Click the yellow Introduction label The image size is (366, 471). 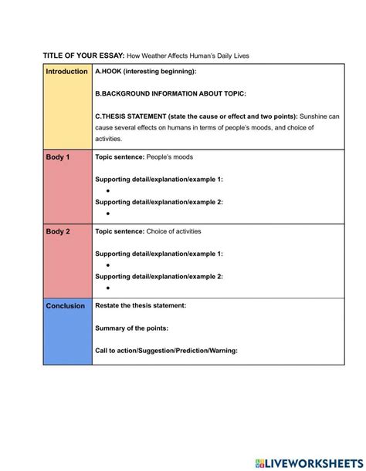(66, 72)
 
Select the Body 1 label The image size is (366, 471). (57, 157)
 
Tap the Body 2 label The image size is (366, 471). (57, 231)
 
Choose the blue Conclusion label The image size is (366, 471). (65, 306)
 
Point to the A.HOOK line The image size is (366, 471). (145, 72)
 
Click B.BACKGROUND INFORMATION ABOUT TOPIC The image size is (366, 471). (171, 93)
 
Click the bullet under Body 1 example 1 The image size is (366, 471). (108, 190)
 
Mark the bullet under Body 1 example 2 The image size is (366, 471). (108, 214)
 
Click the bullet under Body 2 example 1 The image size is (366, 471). (108, 264)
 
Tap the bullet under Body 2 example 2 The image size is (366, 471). (108, 288)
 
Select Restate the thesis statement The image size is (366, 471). (141, 306)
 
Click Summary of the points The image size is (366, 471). (131, 328)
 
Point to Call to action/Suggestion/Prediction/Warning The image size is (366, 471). (166, 351)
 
